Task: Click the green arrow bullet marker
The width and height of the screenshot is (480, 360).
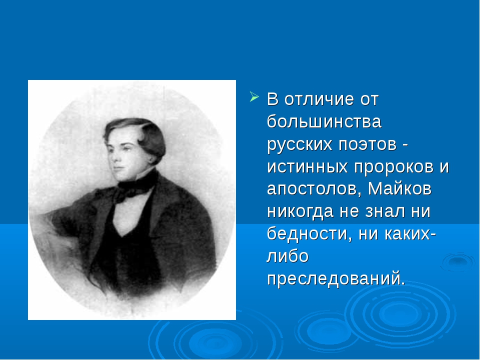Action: coord(254,96)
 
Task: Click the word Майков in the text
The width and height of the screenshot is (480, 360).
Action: coord(399,188)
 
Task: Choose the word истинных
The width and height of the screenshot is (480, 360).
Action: coord(307,167)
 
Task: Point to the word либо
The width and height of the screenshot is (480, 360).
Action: coord(287,255)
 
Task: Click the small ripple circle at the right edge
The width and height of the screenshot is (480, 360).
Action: coord(458,261)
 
